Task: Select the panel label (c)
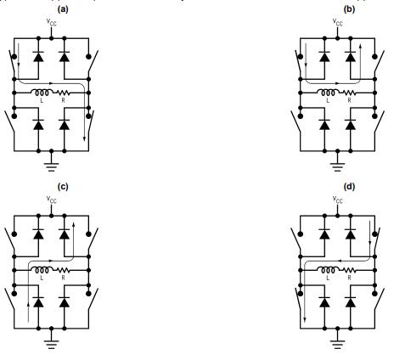coord(52,184)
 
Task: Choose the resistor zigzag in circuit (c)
coord(64,272)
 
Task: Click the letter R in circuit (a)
coord(64,101)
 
